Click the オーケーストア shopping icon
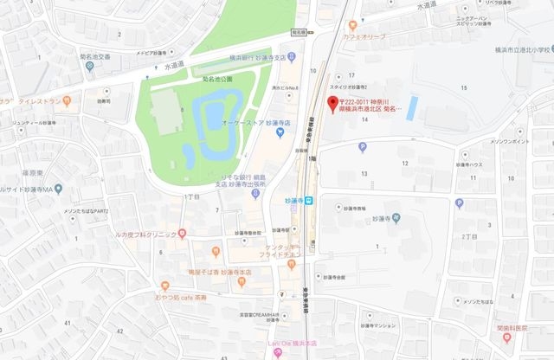click(268, 121)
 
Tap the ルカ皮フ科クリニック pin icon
click(183, 234)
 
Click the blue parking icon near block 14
click(362, 147)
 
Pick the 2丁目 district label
click(470, 235)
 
